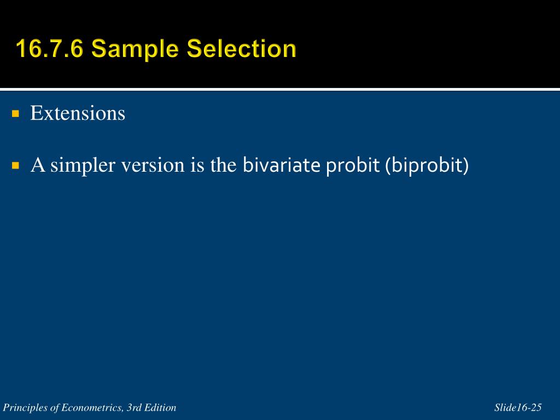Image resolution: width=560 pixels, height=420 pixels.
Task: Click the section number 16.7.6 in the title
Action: click(50, 48)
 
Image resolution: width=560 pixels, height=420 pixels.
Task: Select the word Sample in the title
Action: click(135, 49)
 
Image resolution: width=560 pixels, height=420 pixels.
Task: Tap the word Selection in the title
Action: click(242, 48)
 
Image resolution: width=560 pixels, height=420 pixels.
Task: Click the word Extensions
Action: click(78, 113)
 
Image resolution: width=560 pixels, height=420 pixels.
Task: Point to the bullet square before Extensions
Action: click(16, 114)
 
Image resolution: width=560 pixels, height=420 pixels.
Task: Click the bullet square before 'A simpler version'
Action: click(16, 165)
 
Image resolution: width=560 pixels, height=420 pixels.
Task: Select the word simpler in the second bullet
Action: click(83, 165)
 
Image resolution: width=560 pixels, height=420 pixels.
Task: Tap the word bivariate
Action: click(282, 165)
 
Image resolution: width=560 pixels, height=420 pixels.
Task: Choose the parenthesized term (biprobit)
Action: click(427, 165)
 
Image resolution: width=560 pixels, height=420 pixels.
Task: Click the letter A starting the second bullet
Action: click(38, 165)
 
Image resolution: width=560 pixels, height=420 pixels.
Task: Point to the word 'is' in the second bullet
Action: click(197, 165)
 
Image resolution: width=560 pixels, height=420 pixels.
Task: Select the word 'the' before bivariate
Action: click(224, 165)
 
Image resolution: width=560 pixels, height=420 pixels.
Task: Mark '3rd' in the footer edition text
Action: click(134, 407)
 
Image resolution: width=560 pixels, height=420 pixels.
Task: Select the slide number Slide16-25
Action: click(518, 407)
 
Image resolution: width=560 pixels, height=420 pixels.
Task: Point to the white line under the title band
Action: click(280, 89)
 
